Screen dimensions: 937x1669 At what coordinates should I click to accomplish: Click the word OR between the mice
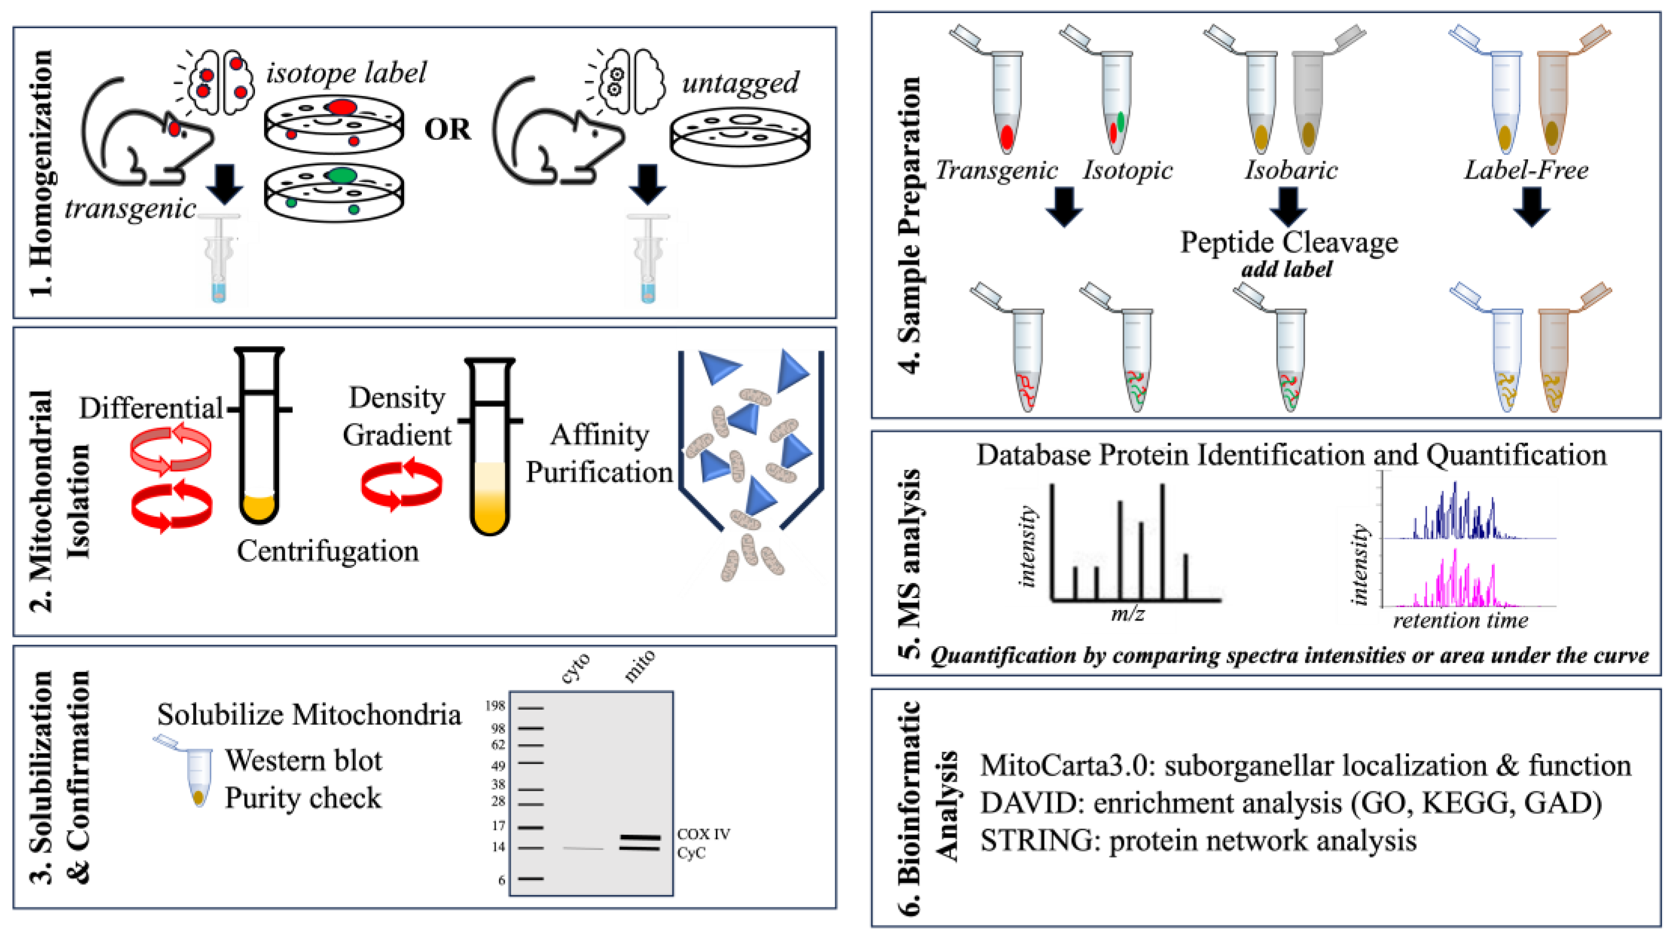click(447, 130)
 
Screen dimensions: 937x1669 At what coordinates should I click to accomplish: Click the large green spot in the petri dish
click(341, 175)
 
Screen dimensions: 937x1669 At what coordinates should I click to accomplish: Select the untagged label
click(740, 83)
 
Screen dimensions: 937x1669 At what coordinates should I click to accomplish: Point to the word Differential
click(151, 408)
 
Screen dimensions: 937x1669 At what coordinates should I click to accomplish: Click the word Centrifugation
click(327, 551)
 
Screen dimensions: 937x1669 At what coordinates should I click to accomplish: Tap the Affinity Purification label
click(599, 453)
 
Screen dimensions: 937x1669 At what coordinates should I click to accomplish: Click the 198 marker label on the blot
click(495, 705)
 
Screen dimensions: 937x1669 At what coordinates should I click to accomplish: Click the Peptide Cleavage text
click(1289, 243)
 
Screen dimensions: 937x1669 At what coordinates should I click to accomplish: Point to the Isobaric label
click(1291, 170)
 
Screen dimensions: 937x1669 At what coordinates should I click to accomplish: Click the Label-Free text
click(1526, 170)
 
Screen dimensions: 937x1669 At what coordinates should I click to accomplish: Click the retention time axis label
click(1460, 621)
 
